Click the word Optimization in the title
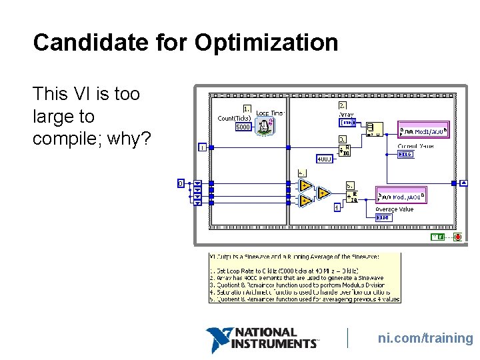(x=266, y=43)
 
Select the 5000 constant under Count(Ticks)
(x=243, y=127)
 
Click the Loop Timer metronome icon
(x=265, y=125)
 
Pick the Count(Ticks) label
(x=234, y=119)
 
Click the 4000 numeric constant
(x=325, y=159)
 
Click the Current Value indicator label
(x=415, y=145)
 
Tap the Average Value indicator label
(x=394, y=209)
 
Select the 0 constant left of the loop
(x=180, y=183)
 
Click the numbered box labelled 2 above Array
(x=342, y=105)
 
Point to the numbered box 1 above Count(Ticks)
(x=247, y=108)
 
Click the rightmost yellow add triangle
(x=322, y=193)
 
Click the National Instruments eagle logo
(x=219, y=339)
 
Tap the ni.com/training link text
(x=425, y=338)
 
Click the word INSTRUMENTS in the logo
(x=274, y=343)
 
